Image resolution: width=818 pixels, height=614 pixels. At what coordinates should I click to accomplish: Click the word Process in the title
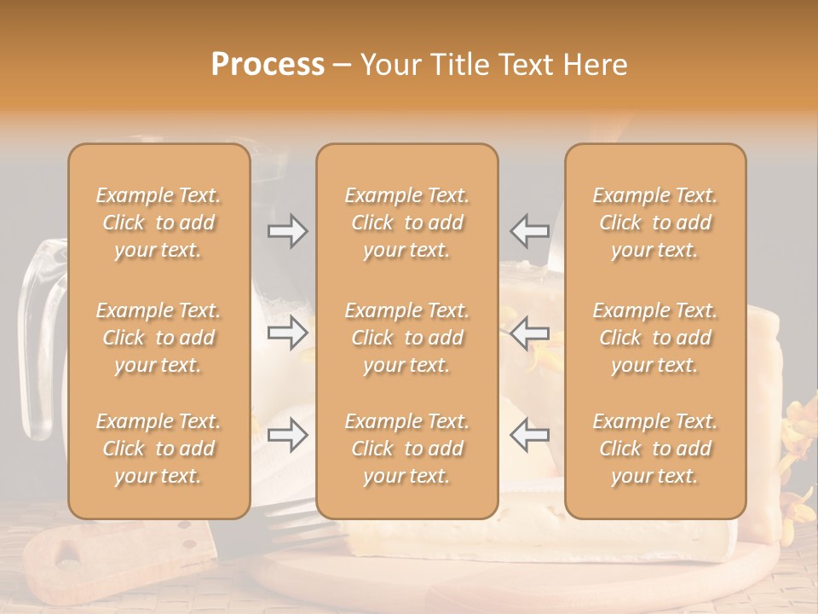[x=268, y=64]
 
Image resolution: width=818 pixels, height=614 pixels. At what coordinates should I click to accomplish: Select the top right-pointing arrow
[x=287, y=230]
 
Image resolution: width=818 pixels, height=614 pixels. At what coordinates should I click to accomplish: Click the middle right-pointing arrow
[x=287, y=333]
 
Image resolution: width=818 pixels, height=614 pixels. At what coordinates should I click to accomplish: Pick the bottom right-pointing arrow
[x=287, y=435]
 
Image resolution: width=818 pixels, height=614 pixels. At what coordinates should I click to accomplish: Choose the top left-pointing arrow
[x=529, y=230]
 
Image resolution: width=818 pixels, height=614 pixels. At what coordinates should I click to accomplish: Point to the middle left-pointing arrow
[x=529, y=333]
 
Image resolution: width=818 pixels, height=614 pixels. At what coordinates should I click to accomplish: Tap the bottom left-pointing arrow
[x=529, y=435]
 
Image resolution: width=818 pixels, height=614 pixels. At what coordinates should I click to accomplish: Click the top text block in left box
[x=158, y=223]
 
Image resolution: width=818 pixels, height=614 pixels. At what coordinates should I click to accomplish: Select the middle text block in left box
[x=158, y=338]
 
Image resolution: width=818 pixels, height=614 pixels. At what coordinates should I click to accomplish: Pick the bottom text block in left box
[x=158, y=449]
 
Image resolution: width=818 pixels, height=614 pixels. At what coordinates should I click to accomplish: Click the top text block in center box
[x=406, y=223]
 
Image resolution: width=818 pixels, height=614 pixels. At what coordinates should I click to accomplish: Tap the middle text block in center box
[x=406, y=338]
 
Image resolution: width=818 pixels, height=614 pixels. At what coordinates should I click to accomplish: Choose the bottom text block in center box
[x=406, y=449]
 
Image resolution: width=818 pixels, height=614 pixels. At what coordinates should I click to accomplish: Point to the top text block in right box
[x=654, y=223]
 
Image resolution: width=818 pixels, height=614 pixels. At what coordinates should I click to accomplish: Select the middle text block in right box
[x=654, y=338]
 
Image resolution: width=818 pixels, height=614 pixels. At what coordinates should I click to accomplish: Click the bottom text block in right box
[x=654, y=449]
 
